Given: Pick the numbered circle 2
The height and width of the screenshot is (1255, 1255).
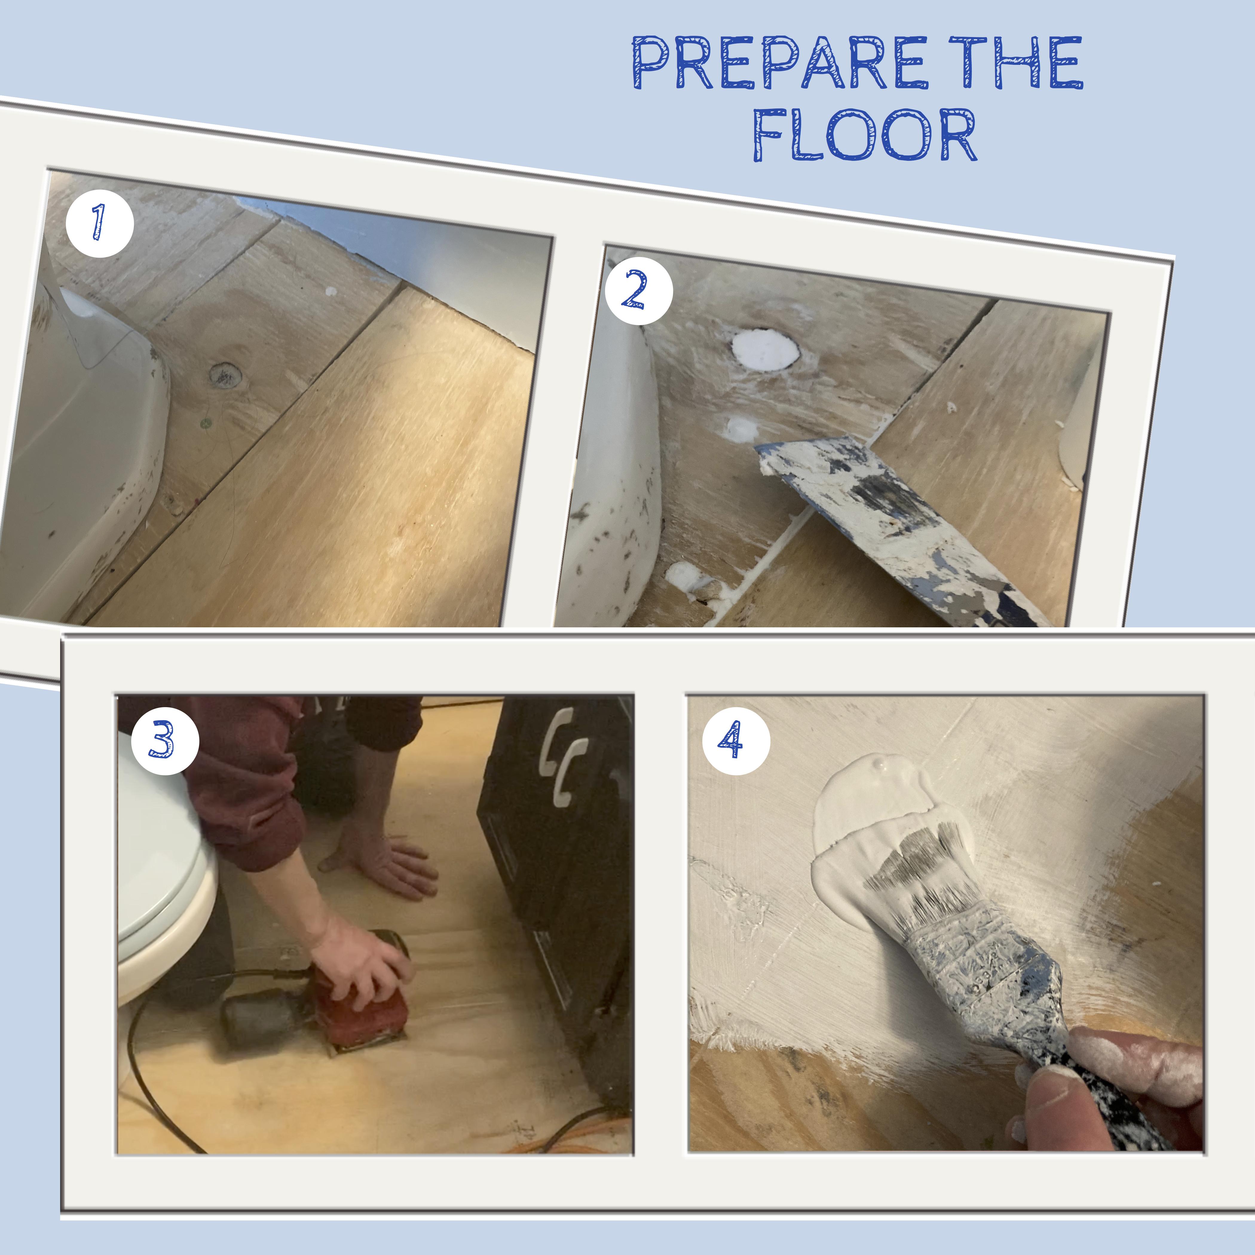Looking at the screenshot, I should click(x=638, y=291).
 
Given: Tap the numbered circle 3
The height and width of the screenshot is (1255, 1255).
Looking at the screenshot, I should click(x=164, y=741).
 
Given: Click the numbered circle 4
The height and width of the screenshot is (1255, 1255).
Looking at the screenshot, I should click(x=736, y=741).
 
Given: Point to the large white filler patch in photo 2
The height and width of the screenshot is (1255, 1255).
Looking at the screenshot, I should click(x=765, y=349).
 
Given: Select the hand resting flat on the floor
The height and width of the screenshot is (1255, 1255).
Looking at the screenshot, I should click(x=390, y=867).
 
